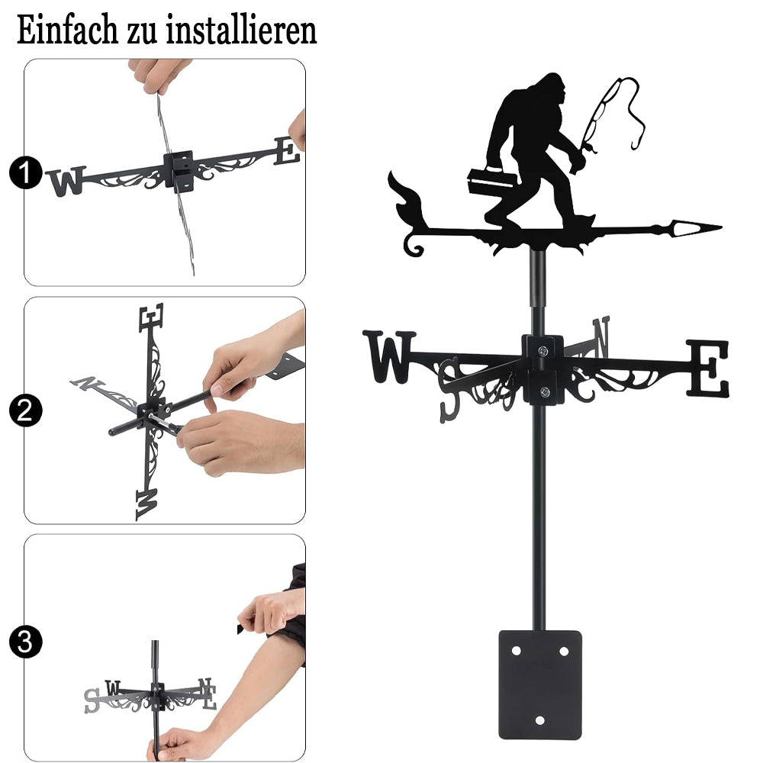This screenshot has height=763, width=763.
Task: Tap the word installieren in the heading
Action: pos(241,31)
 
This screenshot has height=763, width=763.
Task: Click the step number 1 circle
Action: pos(26,172)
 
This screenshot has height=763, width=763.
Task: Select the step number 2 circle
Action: pos(26,410)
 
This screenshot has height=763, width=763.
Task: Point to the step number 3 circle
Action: pos(26,642)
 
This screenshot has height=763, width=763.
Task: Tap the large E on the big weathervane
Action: pos(708,368)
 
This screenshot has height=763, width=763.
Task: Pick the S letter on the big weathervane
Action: pos(449,390)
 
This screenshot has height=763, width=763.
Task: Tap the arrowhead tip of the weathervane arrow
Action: pos(721,227)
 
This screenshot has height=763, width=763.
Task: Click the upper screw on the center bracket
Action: pos(543,350)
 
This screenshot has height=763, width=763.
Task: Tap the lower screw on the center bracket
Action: pos(545,391)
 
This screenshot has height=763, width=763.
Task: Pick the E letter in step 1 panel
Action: pos(287,151)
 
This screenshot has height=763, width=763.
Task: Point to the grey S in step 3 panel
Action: pos(92,701)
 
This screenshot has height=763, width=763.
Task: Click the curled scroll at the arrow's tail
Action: pos(413,244)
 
